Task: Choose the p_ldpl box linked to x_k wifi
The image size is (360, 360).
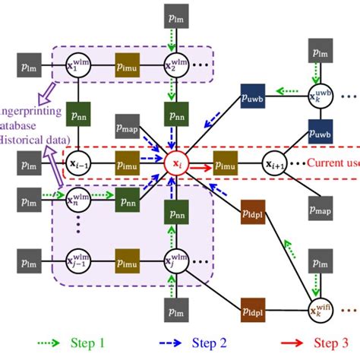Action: click(x=252, y=311)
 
